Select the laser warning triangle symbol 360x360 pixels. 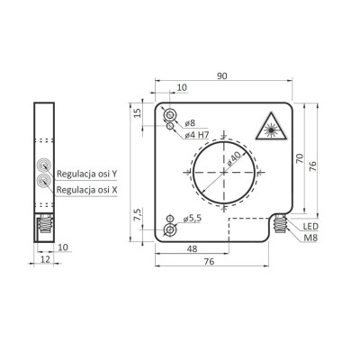point(272,129)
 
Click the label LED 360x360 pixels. point(310,226)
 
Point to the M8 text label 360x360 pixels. point(310,238)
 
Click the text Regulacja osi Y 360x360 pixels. point(86,174)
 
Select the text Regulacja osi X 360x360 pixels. point(86,190)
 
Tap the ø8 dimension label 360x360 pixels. point(190,123)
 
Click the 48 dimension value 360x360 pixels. point(192,248)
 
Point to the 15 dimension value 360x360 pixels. point(138,113)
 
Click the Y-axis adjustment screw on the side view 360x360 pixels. point(42,167)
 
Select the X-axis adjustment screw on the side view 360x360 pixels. point(42,181)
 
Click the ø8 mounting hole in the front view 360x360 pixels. point(170,117)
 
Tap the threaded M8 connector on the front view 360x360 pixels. point(283,224)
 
